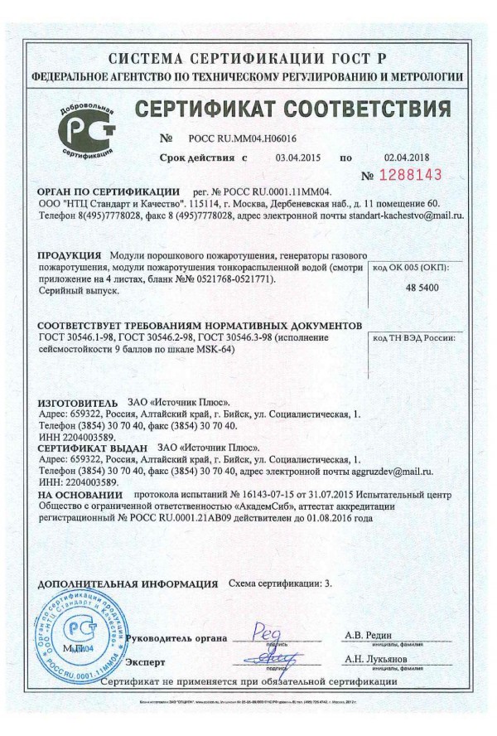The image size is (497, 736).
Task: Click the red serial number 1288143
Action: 410,175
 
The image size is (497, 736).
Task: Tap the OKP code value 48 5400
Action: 422,287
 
